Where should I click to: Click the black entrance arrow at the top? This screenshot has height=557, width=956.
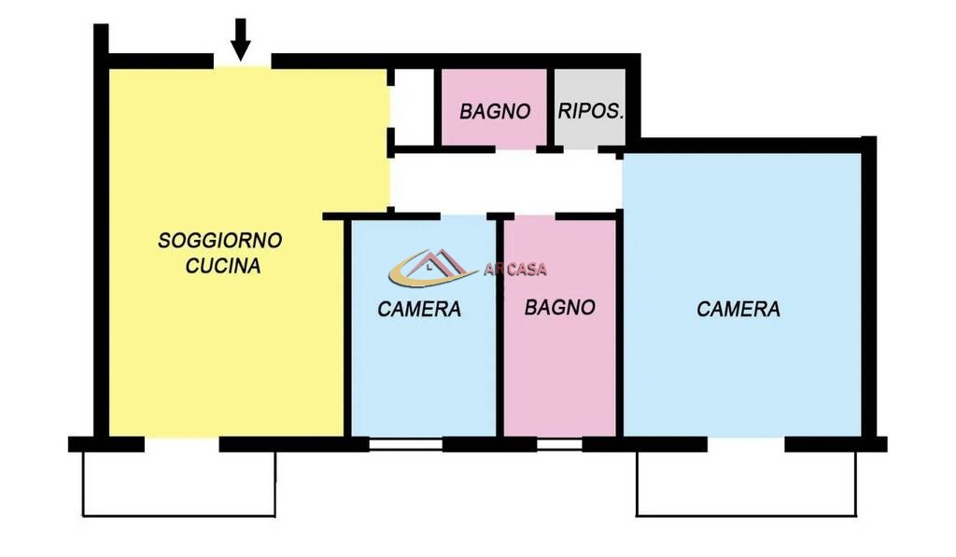coord(240,39)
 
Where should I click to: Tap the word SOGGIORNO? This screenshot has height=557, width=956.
coord(220,241)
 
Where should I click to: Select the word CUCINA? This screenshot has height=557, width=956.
coord(223,266)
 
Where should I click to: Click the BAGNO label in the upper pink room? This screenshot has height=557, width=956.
coord(495,112)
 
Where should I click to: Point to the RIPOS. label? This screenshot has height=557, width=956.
coord(591,111)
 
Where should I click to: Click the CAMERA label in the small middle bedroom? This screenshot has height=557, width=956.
coord(419,309)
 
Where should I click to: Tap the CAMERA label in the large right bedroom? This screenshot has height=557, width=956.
coord(738,309)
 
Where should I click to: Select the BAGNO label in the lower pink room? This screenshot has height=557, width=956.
coord(560,307)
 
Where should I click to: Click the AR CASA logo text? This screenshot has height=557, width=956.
coord(515,270)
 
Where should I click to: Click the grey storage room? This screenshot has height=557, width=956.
coord(590,107)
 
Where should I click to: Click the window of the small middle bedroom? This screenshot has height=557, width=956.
coord(405,444)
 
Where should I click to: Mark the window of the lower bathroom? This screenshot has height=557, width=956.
coord(560,444)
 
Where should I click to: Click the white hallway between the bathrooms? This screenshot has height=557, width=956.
coord(505,181)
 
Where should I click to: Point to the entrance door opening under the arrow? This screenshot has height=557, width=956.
coord(242,62)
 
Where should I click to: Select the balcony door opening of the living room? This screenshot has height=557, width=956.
coord(182,444)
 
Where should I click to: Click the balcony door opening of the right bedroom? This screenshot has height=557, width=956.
coord(746,444)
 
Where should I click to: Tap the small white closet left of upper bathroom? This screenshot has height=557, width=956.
coord(414,107)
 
